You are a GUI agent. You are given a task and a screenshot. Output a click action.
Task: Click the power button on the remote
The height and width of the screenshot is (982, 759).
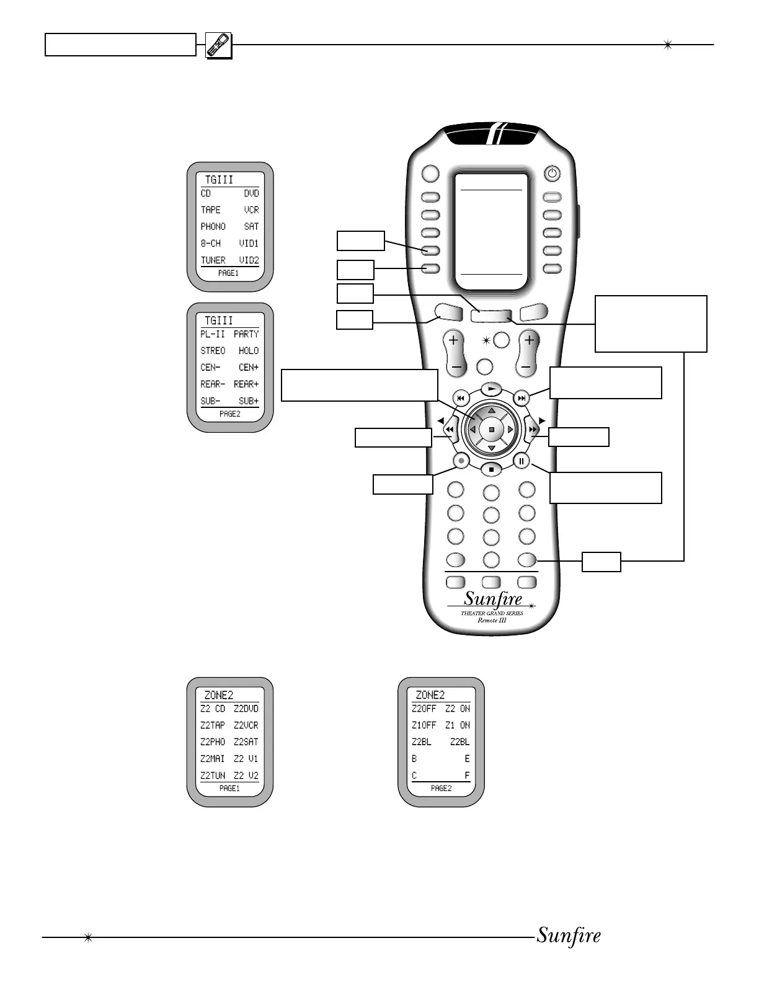tap(551, 174)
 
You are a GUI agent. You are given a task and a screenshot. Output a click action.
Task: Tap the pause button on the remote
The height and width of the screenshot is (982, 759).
tap(522, 461)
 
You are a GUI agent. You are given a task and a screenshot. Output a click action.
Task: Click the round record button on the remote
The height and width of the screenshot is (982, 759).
tap(460, 461)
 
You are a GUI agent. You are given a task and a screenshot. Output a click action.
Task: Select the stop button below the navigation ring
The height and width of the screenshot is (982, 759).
tap(491, 469)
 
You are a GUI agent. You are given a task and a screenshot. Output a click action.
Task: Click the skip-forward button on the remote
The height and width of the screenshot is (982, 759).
tap(522, 397)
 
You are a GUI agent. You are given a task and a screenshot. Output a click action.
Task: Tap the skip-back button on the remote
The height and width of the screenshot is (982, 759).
tap(461, 397)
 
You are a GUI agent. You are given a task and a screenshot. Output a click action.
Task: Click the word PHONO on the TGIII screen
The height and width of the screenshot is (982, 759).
tap(213, 227)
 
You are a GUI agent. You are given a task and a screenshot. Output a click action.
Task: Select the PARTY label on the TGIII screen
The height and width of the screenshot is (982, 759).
tap(246, 334)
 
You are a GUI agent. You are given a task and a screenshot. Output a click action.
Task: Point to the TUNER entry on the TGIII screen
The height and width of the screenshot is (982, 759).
tap(213, 260)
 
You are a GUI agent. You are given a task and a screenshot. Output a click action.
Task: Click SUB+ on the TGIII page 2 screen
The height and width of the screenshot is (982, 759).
tap(248, 401)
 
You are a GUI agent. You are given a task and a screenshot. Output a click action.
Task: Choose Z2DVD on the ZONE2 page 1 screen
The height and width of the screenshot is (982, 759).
tap(246, 709)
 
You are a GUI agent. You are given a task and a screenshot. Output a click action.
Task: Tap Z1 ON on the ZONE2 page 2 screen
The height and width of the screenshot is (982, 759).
tap(458, 725)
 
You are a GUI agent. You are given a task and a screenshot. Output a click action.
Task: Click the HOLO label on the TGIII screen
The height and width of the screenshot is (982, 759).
tap(248, 351)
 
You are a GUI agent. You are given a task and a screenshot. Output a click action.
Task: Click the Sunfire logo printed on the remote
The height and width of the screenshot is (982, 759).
tap(493, 599)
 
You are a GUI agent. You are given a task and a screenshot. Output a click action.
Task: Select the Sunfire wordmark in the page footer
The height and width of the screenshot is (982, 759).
tap(568, 936)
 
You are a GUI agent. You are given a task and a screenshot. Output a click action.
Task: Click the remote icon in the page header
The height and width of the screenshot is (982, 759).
tap(218, 45)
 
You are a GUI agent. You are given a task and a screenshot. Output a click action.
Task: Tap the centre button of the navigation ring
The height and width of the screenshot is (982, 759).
tap(492, 429)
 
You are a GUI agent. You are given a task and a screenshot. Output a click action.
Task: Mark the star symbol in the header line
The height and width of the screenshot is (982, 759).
tap(668, 45)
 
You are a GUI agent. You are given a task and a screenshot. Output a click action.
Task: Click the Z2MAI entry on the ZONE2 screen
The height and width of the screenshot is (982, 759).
tap(213, 759)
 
